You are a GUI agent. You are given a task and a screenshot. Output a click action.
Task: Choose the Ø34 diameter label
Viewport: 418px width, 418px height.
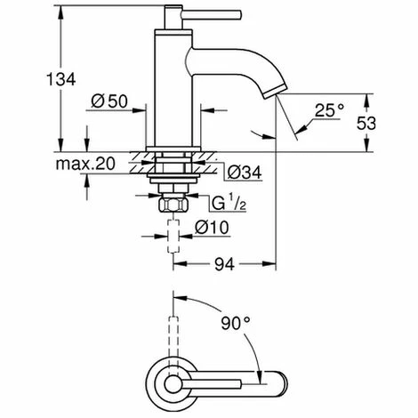coord(242,170)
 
